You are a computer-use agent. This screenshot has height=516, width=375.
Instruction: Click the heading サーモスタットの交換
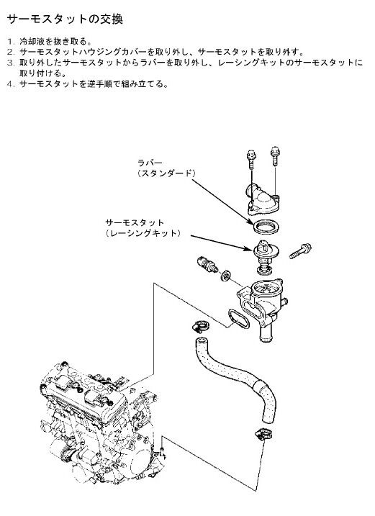click(65, 19)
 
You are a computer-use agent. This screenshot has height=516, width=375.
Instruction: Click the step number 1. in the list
click(12, 42)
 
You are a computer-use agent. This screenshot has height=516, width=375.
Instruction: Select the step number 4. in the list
click(12, 84)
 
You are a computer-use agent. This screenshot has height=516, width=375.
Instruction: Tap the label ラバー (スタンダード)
click(166, 168)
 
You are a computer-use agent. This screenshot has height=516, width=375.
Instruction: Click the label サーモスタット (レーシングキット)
click(143, 228)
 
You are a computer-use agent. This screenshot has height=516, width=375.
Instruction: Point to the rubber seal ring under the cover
click(266, 227)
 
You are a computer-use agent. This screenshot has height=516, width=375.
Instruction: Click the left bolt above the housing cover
click(251, 158)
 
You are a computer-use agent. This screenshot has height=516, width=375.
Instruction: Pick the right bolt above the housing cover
click(275, 155)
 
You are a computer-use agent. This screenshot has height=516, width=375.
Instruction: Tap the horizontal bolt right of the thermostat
click(300, 250)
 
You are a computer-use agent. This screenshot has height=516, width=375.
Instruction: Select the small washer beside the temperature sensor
click(226, 276)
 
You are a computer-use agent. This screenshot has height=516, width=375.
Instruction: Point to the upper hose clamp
click(201, 326)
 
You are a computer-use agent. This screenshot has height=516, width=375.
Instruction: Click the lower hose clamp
click(263, 434)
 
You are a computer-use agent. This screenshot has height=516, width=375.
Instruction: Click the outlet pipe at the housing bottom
click(266, 332)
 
